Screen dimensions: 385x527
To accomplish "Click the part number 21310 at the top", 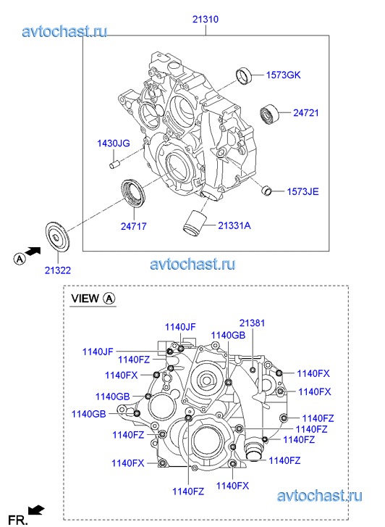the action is click(205, 19).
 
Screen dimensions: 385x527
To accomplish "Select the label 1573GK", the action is click(283, 75).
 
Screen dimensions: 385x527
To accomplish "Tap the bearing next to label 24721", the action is click(269, 114).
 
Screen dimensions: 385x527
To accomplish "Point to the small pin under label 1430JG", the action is click(114, 165).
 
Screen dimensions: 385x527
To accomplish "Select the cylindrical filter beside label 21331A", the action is click(194, 221).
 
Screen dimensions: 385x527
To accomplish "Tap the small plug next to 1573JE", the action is click(266, 190).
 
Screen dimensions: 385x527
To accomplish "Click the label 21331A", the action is click(234, 225).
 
